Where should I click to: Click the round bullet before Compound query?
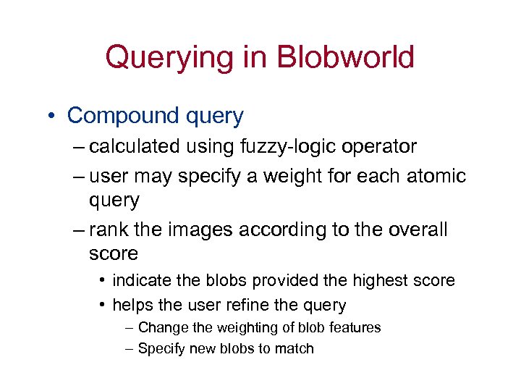(x=53, y=116)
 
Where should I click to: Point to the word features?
(x=352, y=327)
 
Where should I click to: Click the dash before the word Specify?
(x=130, y=349)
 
